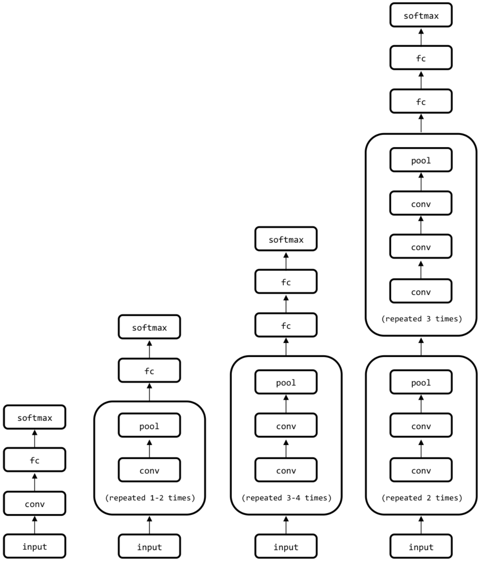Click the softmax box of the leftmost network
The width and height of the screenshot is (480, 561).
34,417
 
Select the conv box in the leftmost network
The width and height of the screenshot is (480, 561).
34,503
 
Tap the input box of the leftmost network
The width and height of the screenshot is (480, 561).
34,546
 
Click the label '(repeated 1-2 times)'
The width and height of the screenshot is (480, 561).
150,498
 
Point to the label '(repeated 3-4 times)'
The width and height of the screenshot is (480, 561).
286,498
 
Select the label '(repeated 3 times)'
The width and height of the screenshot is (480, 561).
421,319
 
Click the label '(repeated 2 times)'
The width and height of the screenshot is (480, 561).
421,498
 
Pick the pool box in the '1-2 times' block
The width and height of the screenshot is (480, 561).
149,426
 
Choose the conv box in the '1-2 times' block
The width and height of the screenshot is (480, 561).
149,470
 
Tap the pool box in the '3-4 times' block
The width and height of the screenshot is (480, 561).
286,382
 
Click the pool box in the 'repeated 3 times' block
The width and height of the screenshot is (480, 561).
421,160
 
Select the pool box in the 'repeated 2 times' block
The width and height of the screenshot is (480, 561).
421,382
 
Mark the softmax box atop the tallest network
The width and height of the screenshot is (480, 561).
421,15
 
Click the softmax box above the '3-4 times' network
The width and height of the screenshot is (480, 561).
286,239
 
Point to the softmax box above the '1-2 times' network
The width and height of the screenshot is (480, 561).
149,327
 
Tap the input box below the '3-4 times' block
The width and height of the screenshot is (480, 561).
286,547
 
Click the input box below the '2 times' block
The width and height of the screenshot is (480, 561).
421,547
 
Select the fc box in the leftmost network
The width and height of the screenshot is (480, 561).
34,460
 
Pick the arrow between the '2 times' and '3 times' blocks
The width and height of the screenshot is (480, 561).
421,346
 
